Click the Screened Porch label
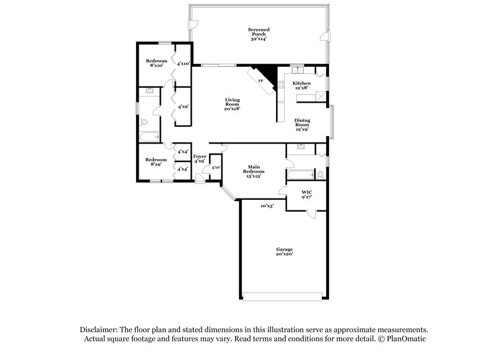[259, 34]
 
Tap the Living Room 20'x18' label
[232, 104]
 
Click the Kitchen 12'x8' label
[301, 85]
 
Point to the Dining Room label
[302, 125]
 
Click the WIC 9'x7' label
[306, 195]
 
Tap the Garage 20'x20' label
[285, 251]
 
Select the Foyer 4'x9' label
[199, 159]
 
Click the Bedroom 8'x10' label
[157, 63]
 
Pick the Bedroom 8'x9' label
[156, 162]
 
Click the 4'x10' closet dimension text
[183, 63]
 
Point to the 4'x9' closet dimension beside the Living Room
[183, 106]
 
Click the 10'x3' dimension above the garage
[267, 205]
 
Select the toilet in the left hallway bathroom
[144, 121]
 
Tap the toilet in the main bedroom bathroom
[320, 176]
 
